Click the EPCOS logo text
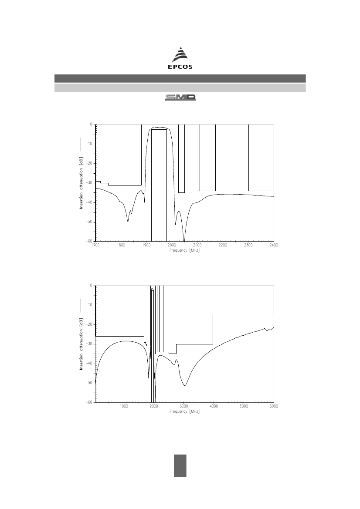click(180, 67)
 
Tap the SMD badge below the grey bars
click(180, 98)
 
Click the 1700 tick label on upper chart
click(95, 245)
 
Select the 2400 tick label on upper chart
click(274, 245)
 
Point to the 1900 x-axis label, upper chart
click(146, 245)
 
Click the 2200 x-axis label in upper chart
click(223, 245)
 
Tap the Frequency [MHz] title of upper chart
click(184, 250)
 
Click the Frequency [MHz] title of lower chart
click(184, 411)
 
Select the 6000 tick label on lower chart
click(274, 406)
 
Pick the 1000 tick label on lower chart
click(124, 406)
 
